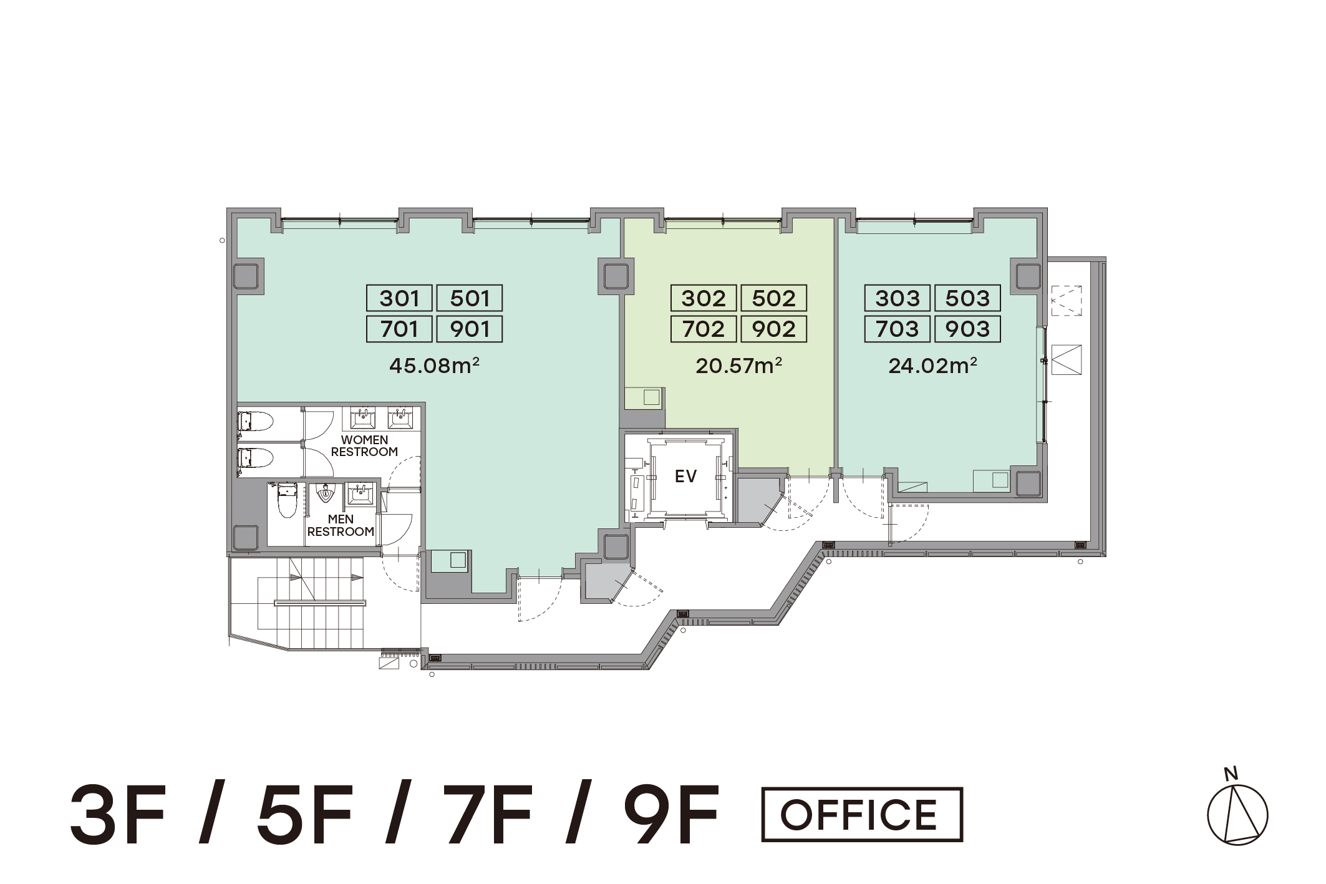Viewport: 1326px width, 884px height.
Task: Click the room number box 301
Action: [x=399, y=298]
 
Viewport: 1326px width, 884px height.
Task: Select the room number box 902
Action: [x=774, y=329]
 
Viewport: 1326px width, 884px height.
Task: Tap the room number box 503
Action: [x=967, y=298]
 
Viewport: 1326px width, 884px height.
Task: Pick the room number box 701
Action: [x=399, y=329]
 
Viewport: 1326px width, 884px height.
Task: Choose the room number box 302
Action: [x=704, y=298]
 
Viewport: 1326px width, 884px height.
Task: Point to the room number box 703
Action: [x=898, y=329]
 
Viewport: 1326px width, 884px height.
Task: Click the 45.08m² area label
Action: [x=434, y=365]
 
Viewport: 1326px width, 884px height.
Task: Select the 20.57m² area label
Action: [x=739, y=365]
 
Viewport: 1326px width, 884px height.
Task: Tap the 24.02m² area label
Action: [x=932, y=365]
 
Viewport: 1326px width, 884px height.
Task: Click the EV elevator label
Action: [x=685, y=477]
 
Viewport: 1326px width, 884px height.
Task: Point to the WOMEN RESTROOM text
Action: [x=364, y=446]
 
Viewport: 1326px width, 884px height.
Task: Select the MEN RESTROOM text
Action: [x=341, y=525]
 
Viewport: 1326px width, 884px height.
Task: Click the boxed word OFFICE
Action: [x=862, y=814]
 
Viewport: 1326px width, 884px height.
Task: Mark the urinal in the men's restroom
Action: [x=325, y=493]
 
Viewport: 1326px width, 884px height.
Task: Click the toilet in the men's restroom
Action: [x=287, y=500]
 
